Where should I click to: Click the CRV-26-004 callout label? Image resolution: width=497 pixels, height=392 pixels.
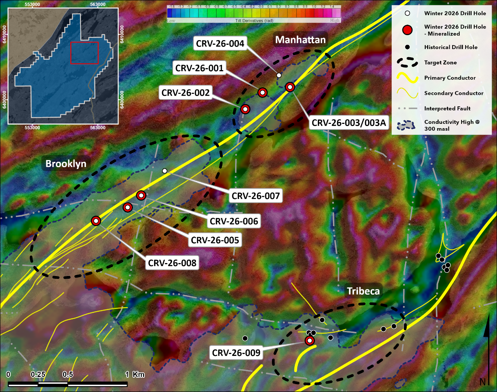(220, 44)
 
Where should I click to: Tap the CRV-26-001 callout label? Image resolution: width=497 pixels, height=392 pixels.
(199, 68)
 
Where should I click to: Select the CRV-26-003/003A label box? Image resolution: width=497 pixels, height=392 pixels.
(349, 123)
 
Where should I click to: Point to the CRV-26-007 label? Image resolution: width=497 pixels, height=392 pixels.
(255, 196)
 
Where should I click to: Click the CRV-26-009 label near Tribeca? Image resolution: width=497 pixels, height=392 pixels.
(236, 353)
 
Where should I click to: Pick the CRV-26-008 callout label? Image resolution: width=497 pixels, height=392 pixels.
(172, 263)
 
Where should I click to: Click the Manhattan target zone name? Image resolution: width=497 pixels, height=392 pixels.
(300, 40)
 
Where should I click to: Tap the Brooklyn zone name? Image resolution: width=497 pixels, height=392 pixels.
(66, 164)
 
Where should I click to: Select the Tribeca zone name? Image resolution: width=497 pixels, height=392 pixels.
(363, 291)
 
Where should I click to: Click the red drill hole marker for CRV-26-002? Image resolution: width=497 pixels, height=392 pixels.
(245, 109)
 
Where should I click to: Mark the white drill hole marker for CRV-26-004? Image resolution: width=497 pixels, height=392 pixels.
(279, 75)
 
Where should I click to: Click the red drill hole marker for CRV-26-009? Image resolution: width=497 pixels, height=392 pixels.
(310, 340)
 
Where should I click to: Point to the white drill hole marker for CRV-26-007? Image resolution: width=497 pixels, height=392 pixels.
(164, 171)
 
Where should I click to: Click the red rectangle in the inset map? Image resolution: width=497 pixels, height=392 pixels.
(85, 53)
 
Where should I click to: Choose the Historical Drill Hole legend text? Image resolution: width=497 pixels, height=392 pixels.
(450, 47)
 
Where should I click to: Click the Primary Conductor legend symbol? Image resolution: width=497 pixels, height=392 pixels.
(407, 78)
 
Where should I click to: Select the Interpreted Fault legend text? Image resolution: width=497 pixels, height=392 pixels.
(447, 108)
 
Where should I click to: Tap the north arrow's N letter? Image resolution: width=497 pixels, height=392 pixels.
(483, 382)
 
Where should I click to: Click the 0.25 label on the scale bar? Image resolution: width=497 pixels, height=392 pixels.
(38, 374)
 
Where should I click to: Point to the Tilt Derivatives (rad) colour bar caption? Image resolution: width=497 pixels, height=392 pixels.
(254, 21)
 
